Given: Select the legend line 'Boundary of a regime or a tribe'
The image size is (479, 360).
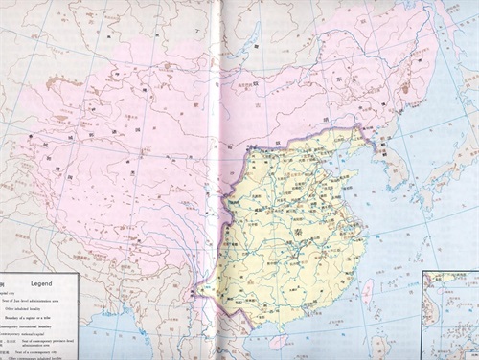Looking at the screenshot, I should (38, 318).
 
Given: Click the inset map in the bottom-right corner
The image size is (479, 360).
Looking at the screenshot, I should (450, 316).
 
